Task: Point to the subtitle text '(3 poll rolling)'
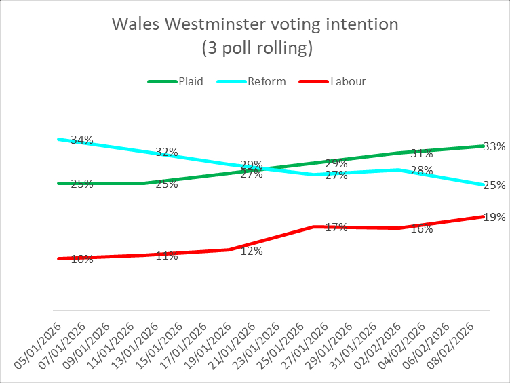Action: (x=255, y=47)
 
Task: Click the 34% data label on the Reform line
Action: (x=82, y=140)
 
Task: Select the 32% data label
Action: (x=167, y=153)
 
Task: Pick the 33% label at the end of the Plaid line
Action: (x=494, y=146)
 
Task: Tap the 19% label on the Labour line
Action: (x=494, y=218)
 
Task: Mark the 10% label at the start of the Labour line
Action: (x=82, y=259)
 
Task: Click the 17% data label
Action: (x=336, y=228)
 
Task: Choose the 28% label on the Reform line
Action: (x=422, y=171)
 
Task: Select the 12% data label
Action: (x=252, y=251)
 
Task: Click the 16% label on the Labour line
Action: (x=422, y=229)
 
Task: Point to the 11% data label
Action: (x=167, y=256)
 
